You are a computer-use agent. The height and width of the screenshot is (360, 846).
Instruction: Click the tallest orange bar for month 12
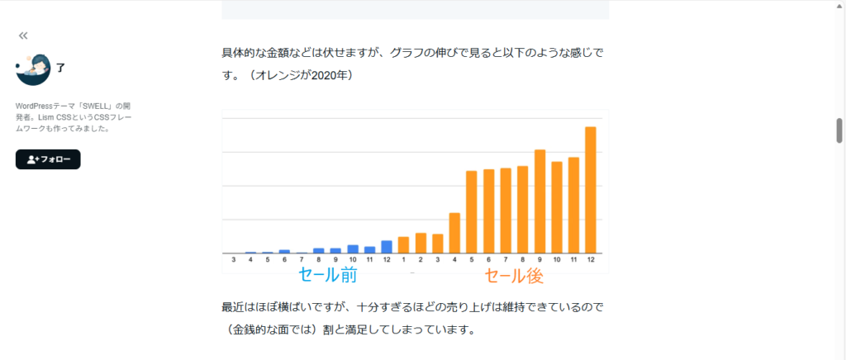[x=590, y=190]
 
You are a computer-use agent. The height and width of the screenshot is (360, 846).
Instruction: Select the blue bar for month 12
[x=387, y=247]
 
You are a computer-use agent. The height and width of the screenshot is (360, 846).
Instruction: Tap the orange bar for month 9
[x=539, y=201]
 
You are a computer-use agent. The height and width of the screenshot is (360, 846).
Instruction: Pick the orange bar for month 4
[x=454, y=233]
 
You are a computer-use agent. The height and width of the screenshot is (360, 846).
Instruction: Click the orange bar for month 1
[x=403, y=245]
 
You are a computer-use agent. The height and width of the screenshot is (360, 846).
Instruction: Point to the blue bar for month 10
[x=353, y=249]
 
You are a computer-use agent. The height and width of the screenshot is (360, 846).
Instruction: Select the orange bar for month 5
[x=472, y=212]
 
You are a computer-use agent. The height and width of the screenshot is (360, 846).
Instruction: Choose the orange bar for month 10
[x=556, y=207]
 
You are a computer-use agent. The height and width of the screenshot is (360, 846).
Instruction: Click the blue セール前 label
[x=327, y=275]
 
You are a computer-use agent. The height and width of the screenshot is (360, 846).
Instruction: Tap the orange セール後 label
[x=514, y=275]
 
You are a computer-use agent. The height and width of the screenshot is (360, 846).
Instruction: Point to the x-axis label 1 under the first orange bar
[x=403, y=260]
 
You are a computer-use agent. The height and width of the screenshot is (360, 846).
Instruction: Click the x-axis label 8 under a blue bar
[x=319, y=260]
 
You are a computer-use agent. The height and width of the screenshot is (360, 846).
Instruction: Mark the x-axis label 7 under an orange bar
[x=506, y=260]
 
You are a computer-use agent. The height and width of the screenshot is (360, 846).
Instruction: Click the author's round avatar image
[x=33, y=69]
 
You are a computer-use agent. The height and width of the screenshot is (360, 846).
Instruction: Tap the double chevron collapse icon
[x=23, y=36]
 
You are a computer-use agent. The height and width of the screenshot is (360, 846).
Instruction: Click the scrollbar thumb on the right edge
[x=839, y=130]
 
